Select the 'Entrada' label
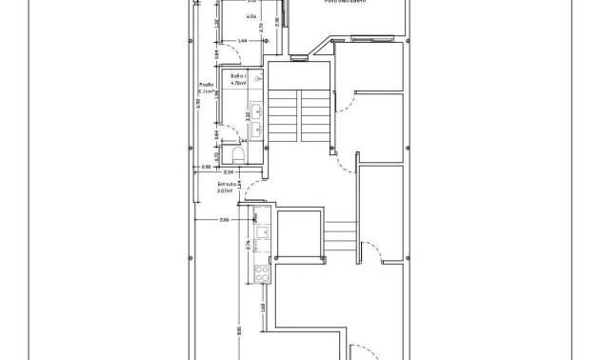pyautogui.click(x=227, y=183)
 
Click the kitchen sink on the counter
pyautogui.click(x=260, y=233)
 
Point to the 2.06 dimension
pyautogui.click(x=225, y=220)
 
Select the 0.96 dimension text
pyautogui.click(x=206, y=168)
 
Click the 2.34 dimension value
pyautogui.click(x=229, y=171)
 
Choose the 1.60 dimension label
pyautogui.click(x=263, y=308)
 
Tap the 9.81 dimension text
pyautogui.click(x=239, y=331)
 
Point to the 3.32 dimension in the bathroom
pyautogui.click(x=249, y=114)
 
